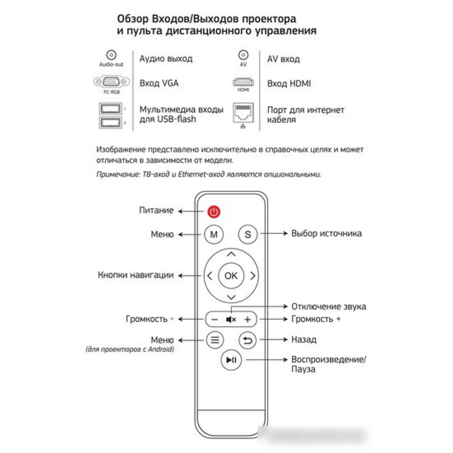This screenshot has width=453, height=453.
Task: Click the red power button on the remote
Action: (214, 212)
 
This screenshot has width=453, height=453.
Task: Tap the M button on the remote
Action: (214, 234)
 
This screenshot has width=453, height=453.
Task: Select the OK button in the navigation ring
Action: (231, 276)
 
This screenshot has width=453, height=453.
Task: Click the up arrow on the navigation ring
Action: (231, 254)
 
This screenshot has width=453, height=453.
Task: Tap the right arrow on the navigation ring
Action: (253, 276)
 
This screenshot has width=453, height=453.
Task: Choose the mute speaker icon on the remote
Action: (231, 319)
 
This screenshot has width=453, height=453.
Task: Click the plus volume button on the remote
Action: (247, 319)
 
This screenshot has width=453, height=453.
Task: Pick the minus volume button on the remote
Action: (215, 319)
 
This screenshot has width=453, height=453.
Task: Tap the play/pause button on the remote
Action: (231, 360)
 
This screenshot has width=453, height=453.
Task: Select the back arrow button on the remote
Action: (247, 340)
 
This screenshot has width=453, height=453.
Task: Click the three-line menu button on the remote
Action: (215, 340)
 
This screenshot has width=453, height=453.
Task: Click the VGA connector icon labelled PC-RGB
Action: (112, 82)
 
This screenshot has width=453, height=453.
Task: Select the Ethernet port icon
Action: (243, 113)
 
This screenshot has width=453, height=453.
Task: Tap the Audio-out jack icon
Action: (111, 55)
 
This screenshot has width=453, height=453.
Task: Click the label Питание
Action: (156, 210)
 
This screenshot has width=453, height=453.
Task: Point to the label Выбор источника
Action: (327, 233)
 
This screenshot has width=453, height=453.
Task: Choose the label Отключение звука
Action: (329, 307)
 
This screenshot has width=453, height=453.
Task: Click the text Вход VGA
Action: (159, 83)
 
